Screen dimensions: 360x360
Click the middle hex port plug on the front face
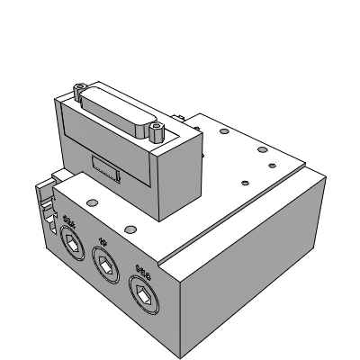[104, 263]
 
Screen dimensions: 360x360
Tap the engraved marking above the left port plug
[71, 220]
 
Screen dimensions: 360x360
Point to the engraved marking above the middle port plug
[103, 241]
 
